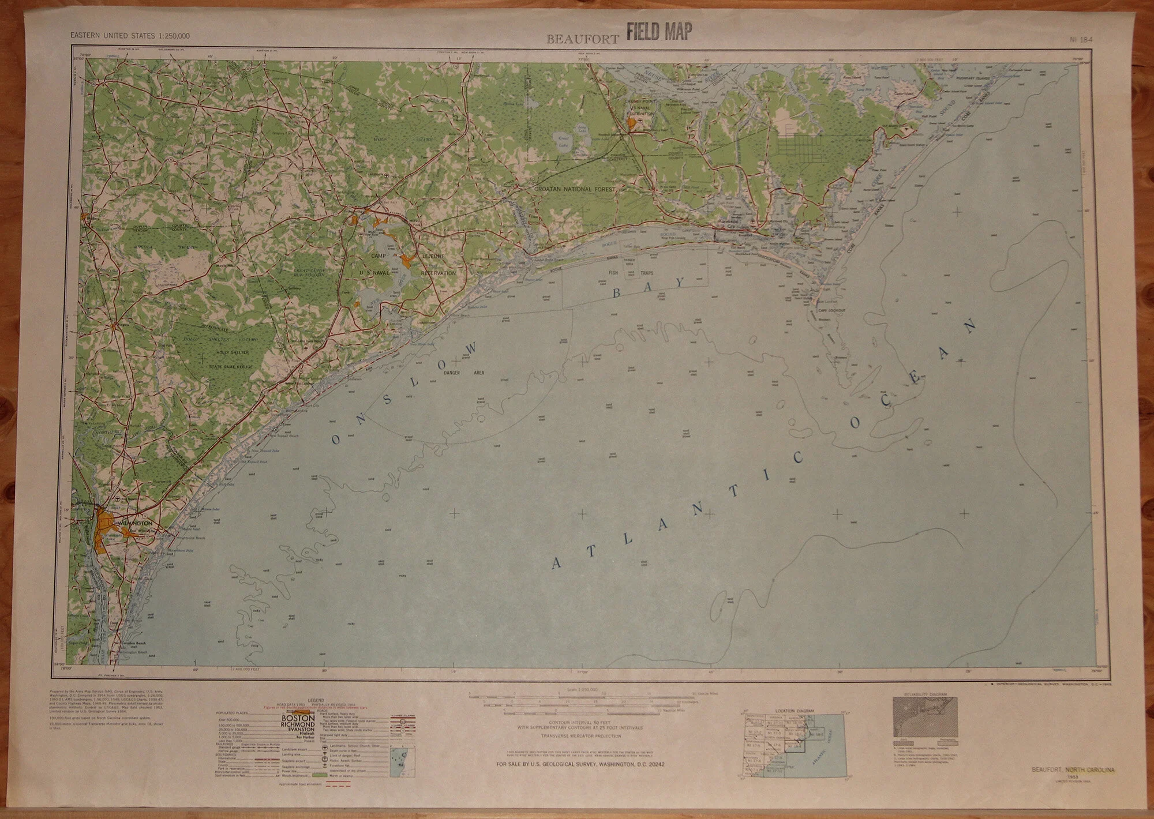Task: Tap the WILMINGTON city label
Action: click(x=134, y=523)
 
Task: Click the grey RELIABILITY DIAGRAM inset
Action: click(x=924, y=717)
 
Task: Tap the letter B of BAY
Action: click(x=615, y=295)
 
